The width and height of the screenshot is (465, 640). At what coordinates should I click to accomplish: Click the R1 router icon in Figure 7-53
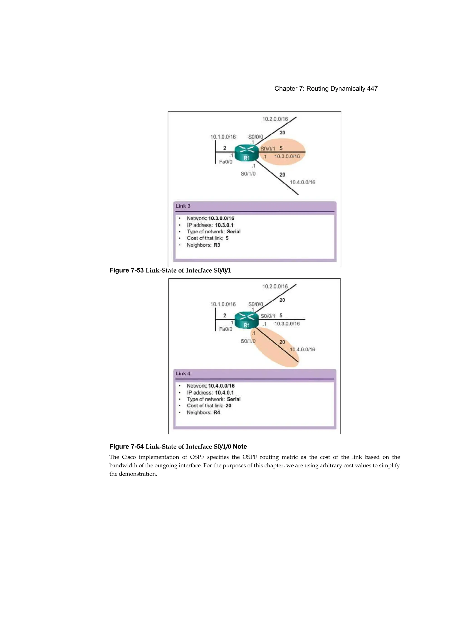(246, 153)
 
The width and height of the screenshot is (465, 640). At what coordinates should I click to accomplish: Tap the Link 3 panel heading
(183, 206)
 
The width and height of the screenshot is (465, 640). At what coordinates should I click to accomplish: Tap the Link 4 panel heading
(183, 373)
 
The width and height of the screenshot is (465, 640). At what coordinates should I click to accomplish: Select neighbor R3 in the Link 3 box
(217, 245)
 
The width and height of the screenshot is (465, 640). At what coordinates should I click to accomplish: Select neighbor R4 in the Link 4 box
(217, 412)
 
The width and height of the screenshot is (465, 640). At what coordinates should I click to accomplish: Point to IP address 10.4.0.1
(224, 392)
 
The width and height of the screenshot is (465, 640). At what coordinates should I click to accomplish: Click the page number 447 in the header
(372, 89)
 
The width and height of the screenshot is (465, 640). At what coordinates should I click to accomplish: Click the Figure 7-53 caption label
(126, 270)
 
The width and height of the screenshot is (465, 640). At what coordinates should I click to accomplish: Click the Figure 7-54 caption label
(126, 447)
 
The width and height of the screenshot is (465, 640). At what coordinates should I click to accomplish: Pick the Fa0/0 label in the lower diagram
(225, 329)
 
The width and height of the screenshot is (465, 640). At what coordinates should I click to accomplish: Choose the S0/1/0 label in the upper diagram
(248, 174)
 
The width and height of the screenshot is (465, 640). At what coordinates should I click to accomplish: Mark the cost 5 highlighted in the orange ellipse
(281, 148)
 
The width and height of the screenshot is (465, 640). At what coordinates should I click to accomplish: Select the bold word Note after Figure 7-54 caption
(240, 447)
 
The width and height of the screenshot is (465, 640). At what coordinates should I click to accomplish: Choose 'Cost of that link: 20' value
(228, 405)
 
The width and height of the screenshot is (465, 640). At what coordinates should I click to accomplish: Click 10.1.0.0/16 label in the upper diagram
(223, 137)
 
